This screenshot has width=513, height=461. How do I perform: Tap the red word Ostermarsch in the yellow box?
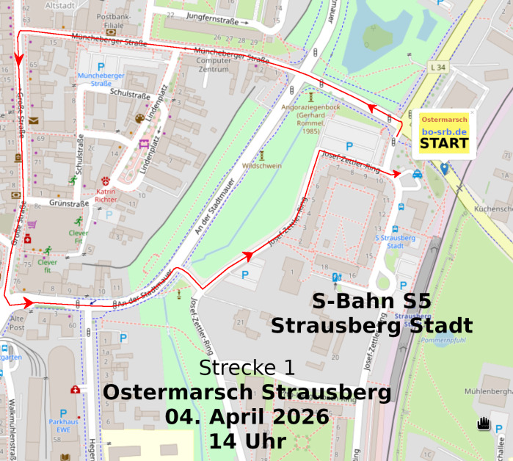click(445, 119)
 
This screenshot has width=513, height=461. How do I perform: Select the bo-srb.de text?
click(445, 131)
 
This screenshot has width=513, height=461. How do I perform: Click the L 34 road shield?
click(438, 68)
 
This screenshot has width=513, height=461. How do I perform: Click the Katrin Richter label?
click(106, 195)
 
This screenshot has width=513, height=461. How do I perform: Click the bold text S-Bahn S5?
click(371, 302)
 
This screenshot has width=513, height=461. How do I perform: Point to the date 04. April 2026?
click(247, 416)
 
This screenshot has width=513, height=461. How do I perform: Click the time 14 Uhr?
click(247, 441)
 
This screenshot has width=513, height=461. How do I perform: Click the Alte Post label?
click(16, 322)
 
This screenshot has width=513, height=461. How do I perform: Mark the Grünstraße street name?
click(68, 203)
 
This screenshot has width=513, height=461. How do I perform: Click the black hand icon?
click(483, 424)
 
